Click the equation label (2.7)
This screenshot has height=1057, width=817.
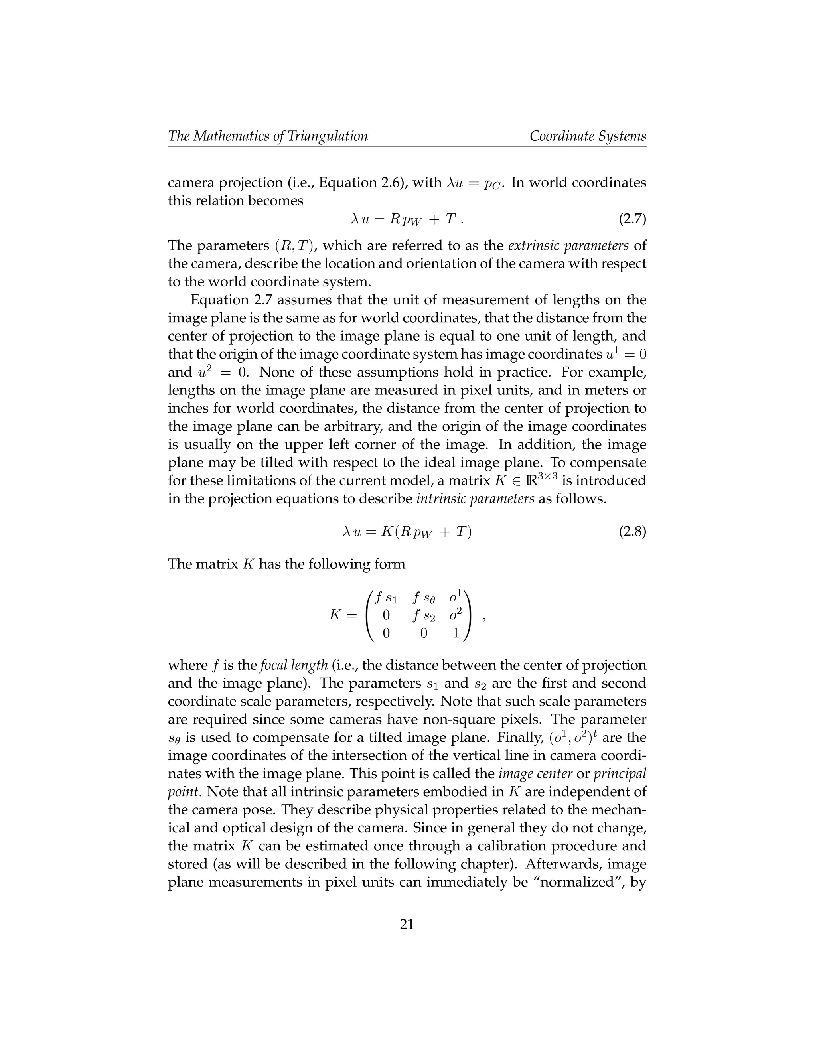[x=632, y=219]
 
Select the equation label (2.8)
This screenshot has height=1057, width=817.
[x=632, y=532]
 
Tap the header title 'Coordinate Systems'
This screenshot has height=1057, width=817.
[x=588, y=136]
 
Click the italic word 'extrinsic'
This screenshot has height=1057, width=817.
[x=537, y=245]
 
